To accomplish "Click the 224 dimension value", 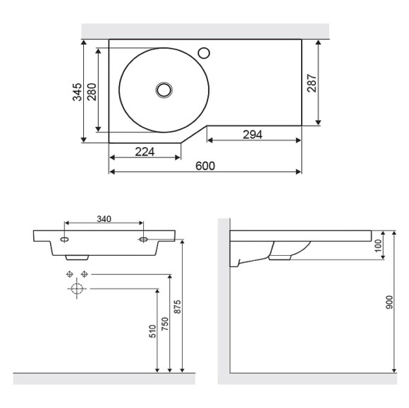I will (144, 151).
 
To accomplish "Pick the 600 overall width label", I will (205, 166).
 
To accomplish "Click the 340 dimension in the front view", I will (104, 219).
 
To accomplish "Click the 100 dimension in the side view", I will (379, 246).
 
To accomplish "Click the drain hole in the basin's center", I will (164, 89).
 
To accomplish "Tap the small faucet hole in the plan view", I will (205, 51).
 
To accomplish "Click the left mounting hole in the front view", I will (65, 240).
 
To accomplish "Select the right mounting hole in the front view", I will (143, 240).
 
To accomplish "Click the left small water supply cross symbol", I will (69, 273).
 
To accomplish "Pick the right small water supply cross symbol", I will (84, 273).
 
